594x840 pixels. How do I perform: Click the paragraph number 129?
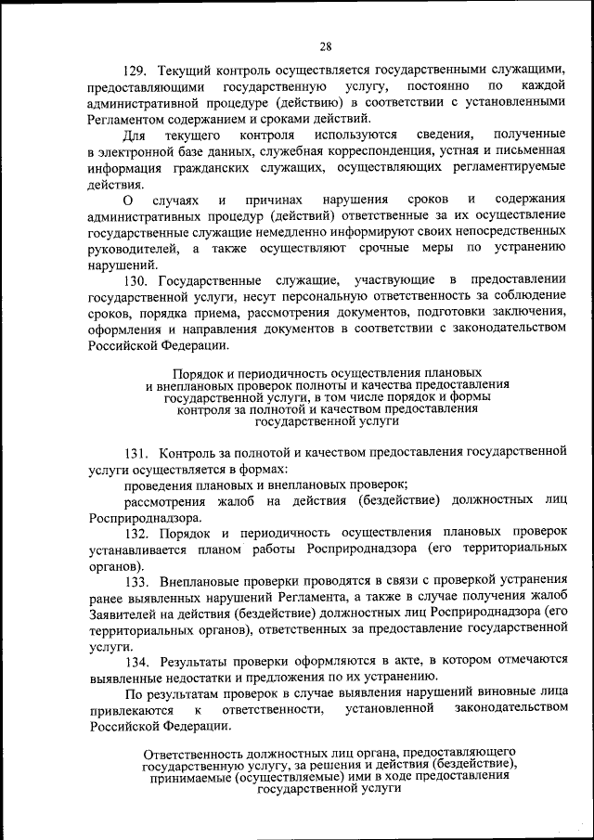tap(136, 70)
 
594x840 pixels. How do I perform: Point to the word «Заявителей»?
tap(124, 614)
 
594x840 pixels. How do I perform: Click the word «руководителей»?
tap(135, 248)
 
